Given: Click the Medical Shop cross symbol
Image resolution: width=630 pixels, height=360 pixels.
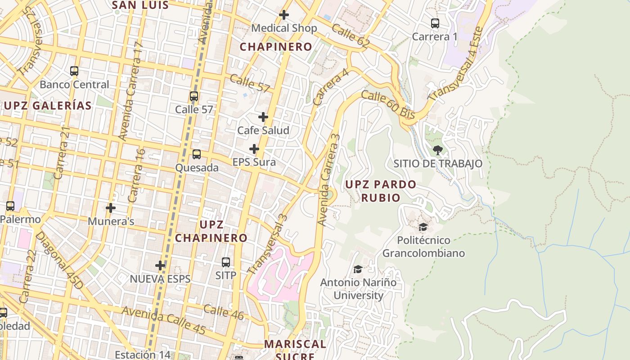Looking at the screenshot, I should pos(284,15).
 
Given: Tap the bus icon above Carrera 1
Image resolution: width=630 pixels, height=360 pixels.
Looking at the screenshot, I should pos(435,23).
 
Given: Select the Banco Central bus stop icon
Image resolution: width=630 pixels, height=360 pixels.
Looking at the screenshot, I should pos(74,71).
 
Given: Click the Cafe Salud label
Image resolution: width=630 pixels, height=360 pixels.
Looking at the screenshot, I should pos(263,130).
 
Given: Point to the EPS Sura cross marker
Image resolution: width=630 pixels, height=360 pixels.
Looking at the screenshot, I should pos(254,149).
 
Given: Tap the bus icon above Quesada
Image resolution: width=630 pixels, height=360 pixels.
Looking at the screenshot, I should pos(197,154).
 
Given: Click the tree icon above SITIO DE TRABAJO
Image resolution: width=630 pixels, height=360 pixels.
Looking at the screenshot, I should pos(437,150).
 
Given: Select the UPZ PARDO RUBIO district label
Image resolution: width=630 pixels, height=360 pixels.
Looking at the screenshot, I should pos(381,191).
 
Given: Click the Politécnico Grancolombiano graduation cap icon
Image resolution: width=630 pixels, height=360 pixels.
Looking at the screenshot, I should pos(423,227).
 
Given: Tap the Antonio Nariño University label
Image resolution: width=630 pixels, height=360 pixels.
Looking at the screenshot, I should pos(358,289).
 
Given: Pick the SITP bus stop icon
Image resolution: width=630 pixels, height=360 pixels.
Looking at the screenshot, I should pos(226,262).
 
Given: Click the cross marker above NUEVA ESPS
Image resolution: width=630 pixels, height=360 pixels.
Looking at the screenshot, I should pos(160,265).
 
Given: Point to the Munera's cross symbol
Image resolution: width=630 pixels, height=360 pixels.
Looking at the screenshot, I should pos(111,208).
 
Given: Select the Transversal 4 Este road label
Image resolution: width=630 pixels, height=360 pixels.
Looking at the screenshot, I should pos(456,64).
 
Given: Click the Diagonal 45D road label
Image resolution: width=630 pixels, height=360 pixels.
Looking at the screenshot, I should pos(59,261).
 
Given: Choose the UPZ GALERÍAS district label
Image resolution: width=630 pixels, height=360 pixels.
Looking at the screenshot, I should pos(48,106).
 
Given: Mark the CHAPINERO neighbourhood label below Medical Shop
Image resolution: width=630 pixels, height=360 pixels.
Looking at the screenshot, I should pos(276,47).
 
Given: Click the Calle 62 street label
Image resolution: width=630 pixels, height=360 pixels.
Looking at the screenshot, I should pos(350,36).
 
